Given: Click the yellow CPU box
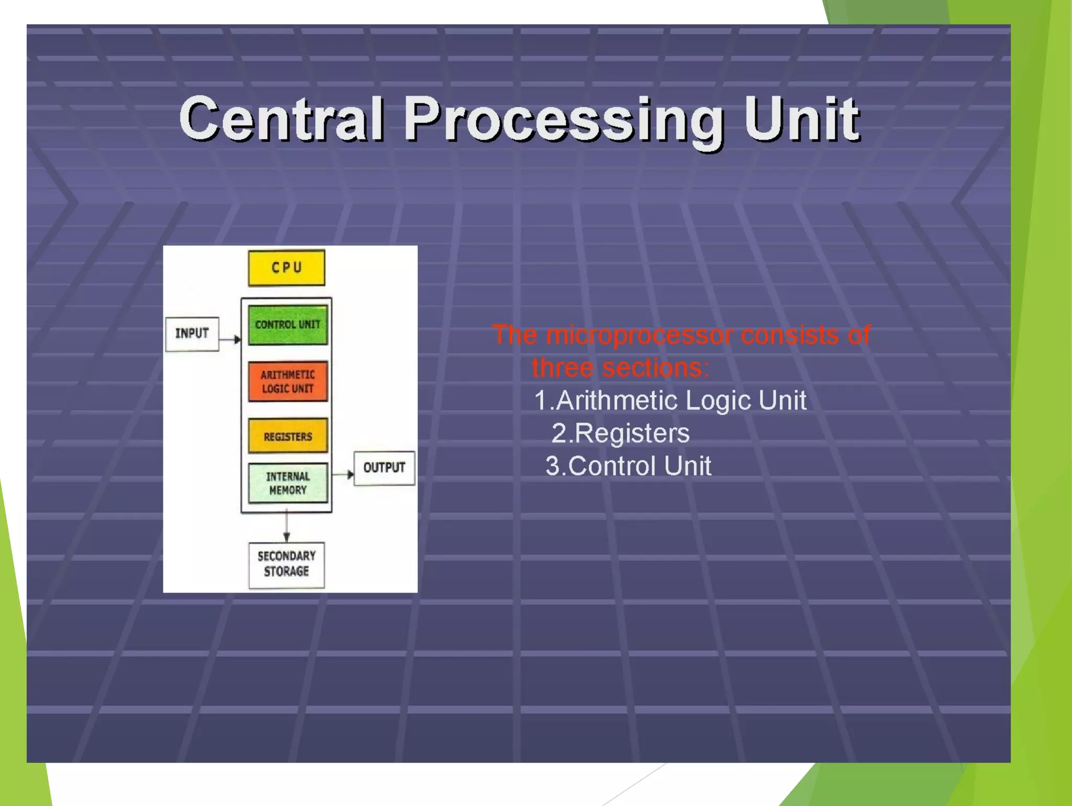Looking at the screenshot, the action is (286, 268).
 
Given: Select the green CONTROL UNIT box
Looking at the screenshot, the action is (287, 325).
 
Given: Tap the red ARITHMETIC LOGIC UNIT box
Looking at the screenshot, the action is (287, 381).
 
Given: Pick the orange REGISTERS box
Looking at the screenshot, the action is (287, 436).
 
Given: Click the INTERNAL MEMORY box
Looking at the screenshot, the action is (287, 483).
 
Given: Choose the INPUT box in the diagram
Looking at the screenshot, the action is (192, 334).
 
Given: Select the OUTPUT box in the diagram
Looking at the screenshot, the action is (384, 468).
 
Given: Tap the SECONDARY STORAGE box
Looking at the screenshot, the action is (286, 564).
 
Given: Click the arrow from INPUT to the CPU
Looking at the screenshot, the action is (230, 340).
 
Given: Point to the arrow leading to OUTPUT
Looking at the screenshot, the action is (343, 474).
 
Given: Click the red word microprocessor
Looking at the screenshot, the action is (639, 335).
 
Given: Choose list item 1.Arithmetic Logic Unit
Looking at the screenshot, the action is (670, 401).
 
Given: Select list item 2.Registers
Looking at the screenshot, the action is (620, 434).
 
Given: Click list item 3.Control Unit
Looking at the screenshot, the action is (628, 466).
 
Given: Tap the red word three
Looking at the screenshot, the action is (562, 368).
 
